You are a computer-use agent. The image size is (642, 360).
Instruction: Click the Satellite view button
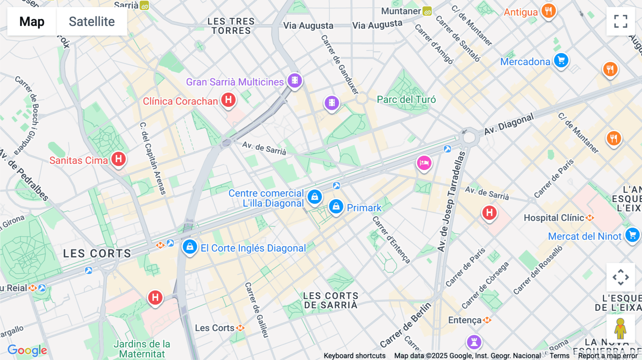pos(92,21)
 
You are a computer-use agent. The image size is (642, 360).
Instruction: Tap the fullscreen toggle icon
pos(621,21)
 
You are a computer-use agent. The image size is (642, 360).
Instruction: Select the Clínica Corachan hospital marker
pos(228,100)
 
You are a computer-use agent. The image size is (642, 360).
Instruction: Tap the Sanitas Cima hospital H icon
pos(118,159)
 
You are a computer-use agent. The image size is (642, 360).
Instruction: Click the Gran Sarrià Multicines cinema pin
pos(295,81)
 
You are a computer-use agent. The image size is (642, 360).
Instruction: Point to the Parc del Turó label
pos(406,99)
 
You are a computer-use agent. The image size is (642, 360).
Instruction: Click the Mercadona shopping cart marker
pos(561,60)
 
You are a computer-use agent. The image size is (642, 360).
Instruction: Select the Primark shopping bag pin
pos(336,206)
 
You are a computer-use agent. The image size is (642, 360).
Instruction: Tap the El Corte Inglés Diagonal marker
pos(190,246)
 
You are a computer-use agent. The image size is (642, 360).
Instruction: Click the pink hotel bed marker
pos(424,163)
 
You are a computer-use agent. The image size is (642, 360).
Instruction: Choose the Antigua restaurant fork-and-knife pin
pos(549,11)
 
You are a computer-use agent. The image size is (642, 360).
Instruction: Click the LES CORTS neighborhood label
pos(97,253)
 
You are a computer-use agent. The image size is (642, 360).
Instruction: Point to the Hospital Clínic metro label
pos(554,218)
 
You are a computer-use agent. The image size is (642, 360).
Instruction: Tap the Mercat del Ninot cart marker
pos(632,235)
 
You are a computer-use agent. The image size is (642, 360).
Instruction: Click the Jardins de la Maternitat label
pos(142,349)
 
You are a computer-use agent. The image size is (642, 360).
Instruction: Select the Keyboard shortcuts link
pos(354,356)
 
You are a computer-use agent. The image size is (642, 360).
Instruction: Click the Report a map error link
pos(607,356)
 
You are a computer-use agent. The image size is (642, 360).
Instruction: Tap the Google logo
pos(27,350)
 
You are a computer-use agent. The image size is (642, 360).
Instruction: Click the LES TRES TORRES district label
pos(231,26)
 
